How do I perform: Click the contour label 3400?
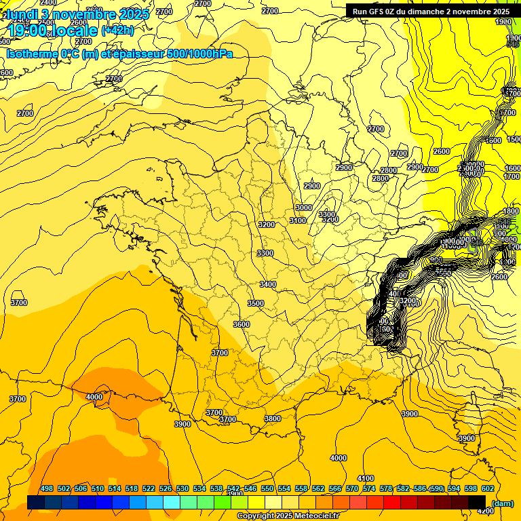[x=268, y=284]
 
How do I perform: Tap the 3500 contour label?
[x=256, y=303]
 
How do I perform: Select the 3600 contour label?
[x=242, y=324]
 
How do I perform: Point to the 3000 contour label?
[x=304, y=208]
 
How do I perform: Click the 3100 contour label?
[x=298, y=220]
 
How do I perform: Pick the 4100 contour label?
[x=366, y=478]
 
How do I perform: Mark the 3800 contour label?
[x=273, y=419]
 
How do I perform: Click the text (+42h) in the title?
[x=117, y=30]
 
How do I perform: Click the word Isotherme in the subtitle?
[x=33, y=54]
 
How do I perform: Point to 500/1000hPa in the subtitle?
[x=204, y=54]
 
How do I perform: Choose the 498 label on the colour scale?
[x=47, y=488]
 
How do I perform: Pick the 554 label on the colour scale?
[x=284, y=488]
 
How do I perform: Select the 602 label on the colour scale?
[x=487, y=488]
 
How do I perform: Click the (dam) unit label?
[x=502, y=503]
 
